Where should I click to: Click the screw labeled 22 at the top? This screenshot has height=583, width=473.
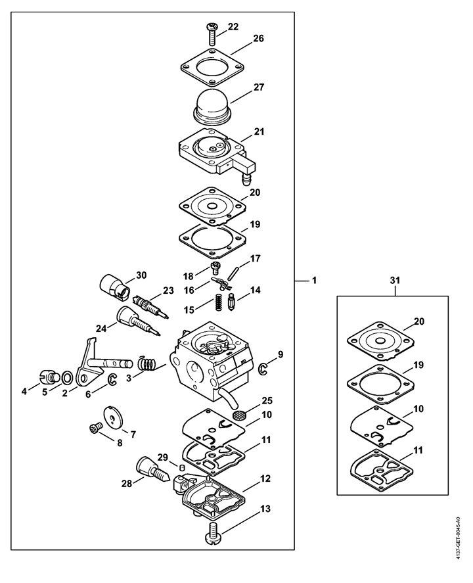coord(211,34)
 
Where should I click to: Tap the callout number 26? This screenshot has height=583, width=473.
coord(258,38)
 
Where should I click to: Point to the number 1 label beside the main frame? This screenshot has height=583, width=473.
coord(314,280)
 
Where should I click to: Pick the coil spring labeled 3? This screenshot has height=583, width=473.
coord(148,363)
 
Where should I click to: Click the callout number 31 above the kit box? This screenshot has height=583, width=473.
coord(395,281)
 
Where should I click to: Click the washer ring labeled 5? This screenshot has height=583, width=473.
coord(67,378)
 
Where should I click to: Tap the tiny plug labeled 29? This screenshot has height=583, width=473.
coord(183,467)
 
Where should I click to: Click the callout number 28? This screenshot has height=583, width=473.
coord(127,484)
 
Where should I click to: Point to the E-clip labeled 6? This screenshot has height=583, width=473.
coord(112,379)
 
